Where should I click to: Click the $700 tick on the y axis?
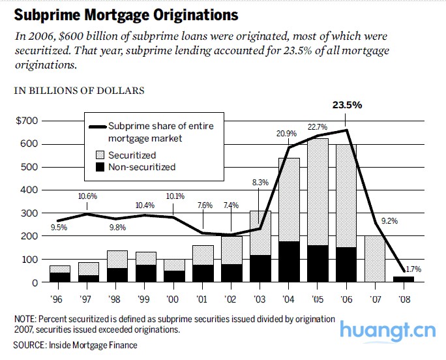click(27, 121)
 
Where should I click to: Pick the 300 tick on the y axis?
click(28, 213)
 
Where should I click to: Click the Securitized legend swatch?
click(99, 155)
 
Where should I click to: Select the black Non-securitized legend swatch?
click(99, 167)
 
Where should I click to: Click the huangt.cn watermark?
click(387, 331)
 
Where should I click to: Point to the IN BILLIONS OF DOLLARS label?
click(80, 91)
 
